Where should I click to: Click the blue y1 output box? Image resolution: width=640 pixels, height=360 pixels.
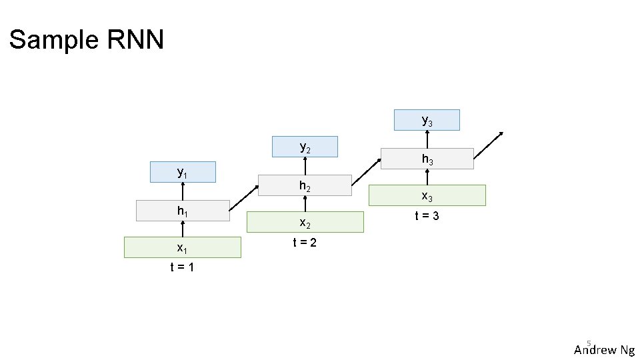click(183, 172)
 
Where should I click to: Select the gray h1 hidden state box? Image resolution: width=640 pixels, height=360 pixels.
click(183, 211)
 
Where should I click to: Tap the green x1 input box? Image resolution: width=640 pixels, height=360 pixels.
click(183, 247)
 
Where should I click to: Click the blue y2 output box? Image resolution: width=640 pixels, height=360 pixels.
click(305, 147)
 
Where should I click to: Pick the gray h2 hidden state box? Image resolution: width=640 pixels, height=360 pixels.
click(305, 186)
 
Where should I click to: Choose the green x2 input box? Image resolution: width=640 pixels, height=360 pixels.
click(305, 222)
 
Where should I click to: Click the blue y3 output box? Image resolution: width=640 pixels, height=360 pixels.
click(427, 120)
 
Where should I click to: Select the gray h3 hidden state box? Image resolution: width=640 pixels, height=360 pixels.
click(427, 159)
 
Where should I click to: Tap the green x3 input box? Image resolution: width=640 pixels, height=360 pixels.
click(427, 195)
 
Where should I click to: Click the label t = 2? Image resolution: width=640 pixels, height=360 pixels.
click(305, 243)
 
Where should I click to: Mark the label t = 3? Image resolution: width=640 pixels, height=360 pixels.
click(427, 216)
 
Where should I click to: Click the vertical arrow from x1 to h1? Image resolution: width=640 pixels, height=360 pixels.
click(183, 229)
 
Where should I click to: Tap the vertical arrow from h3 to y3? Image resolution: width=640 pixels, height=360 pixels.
click(427, 139)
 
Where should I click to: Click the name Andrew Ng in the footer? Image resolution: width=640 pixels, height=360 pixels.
click(604, 350)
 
